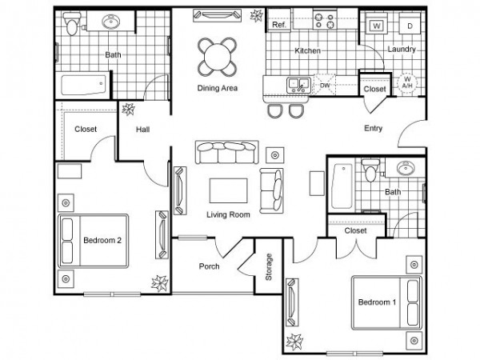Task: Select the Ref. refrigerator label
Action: tap(279, 25)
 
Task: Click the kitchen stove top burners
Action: tap(325, 20)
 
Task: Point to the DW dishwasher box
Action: tap(325, 84)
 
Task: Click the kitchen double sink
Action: tap(298, 85)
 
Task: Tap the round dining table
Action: tap(218, 57)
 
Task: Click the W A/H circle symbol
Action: tap(407, 82)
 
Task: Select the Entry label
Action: tap(373, 128)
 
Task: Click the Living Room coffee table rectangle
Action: tap(228, 190)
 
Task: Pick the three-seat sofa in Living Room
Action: tap(227, 152)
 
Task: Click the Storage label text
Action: tap(269, 267)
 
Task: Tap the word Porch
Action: tap(209, 266)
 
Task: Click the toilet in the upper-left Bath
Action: tap(72, 24)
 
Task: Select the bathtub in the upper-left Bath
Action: tap(83, 85)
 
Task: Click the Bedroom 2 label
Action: tap(102, 240)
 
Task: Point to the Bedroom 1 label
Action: tap(377, 302)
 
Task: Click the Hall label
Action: tap(142, 130)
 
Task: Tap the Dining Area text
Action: tap(218, 88)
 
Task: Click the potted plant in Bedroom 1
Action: tap(294, 342)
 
